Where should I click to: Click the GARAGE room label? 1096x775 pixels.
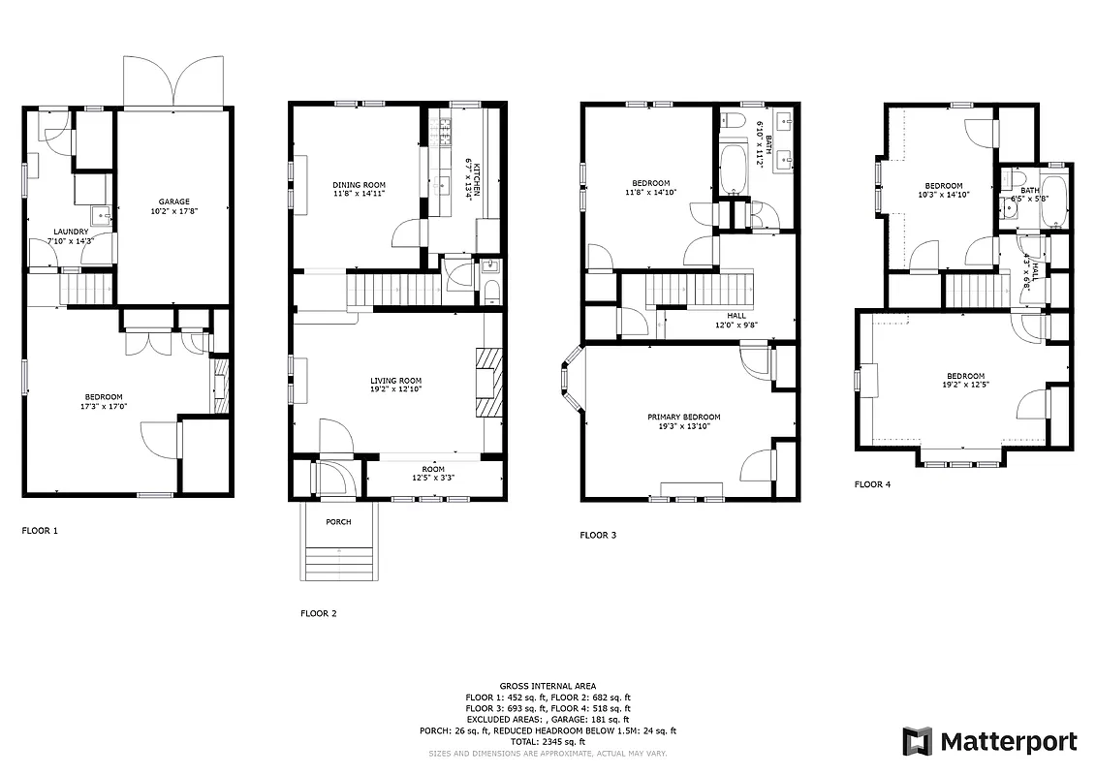click(174, 201)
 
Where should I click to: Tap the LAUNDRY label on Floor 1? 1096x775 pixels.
click(71, 232)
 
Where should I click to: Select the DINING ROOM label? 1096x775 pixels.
click(359, 185)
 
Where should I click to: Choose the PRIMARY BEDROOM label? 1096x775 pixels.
click(684, 417)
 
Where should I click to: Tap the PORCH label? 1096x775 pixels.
click(338, 522)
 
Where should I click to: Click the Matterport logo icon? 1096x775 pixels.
click(917, 742)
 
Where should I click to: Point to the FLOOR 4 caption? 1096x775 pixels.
click(872, 484)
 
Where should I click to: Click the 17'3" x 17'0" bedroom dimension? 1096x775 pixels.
click(103, 406)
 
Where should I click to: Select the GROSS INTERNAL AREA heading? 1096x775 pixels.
click(548, 685)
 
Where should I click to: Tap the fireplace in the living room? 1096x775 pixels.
click(490, 382)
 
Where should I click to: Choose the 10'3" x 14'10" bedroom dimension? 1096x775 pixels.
click(943, 195)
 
